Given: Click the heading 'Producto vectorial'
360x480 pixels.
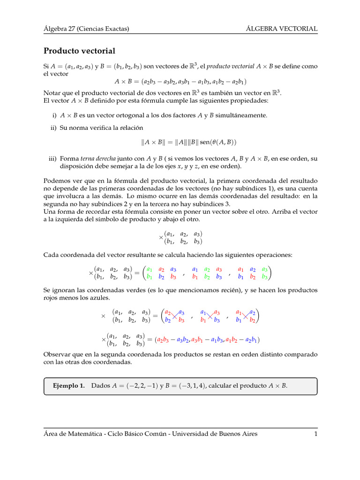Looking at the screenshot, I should [79, 51].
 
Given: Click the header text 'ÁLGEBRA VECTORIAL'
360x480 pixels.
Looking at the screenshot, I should [282, 29].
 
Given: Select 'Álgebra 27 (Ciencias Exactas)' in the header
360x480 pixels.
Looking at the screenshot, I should [86, 29].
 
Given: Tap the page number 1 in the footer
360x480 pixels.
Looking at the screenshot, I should [316, 434].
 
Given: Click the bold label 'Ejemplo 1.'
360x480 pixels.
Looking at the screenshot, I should [69, 386].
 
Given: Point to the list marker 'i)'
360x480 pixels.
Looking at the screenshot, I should [54, 115].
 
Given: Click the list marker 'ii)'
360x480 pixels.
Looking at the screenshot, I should [53, 127].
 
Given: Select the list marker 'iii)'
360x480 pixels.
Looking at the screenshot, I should [52, 158].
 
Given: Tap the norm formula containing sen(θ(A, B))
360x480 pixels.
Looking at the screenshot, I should [183, 142].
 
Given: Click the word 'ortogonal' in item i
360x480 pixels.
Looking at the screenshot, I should [125, 115].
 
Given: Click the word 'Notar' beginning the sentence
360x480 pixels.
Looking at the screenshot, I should [52, 93].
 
